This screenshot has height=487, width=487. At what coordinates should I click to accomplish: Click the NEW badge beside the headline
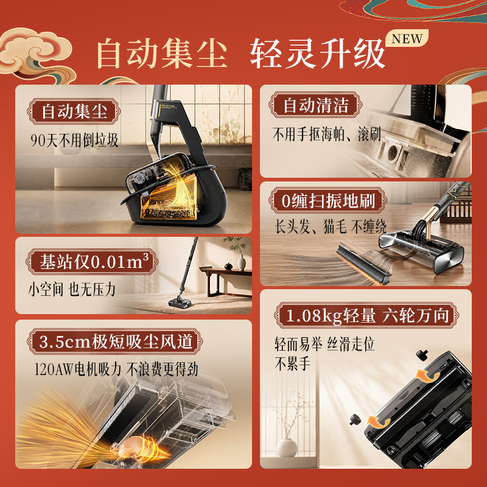[x=407, y=38]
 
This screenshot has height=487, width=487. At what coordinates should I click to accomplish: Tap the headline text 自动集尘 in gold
[x=162, y=53]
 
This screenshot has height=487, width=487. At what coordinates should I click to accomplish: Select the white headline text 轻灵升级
[x=317, y=54]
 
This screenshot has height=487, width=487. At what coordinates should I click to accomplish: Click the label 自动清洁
[x=315, y=105]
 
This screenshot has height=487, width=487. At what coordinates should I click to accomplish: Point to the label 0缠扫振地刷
[x=328, y=201]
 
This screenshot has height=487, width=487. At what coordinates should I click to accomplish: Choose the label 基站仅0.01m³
[x=93, y=262]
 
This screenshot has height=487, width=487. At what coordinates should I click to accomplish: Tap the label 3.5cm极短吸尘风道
[x=115, y=342]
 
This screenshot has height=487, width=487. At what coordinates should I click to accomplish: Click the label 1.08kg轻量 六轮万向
[x=366, y=315]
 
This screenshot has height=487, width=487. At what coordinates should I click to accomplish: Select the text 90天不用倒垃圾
[x=74, y=141]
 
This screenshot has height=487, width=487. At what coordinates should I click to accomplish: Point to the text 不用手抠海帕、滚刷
[x=327, y=134]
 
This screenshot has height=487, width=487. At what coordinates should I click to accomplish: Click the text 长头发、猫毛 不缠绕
[x=331, y=226]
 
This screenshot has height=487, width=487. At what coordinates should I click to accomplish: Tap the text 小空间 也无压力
[x=72, y=290]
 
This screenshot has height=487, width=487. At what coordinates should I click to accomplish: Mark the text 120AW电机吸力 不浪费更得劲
[x=116, y=370]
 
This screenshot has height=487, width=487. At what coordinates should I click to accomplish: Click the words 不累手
[x=292, y=363]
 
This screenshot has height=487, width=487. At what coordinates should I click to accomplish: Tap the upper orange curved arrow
[x=427, y=375]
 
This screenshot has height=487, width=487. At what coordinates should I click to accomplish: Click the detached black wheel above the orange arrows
[x=422, y=354]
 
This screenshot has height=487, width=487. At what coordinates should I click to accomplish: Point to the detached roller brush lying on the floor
[x=363, y=264]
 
